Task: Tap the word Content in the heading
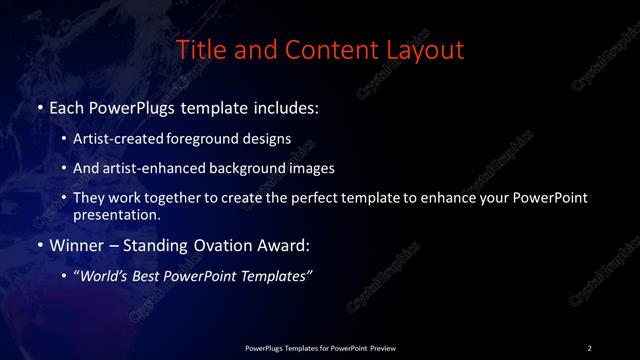(331, 49)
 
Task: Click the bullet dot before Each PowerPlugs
(39, 106)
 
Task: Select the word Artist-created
(118, 140)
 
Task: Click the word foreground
(203, 140)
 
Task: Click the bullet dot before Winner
(39, 245)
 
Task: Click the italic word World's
(104, 277)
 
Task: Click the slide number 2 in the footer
(590, 348)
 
